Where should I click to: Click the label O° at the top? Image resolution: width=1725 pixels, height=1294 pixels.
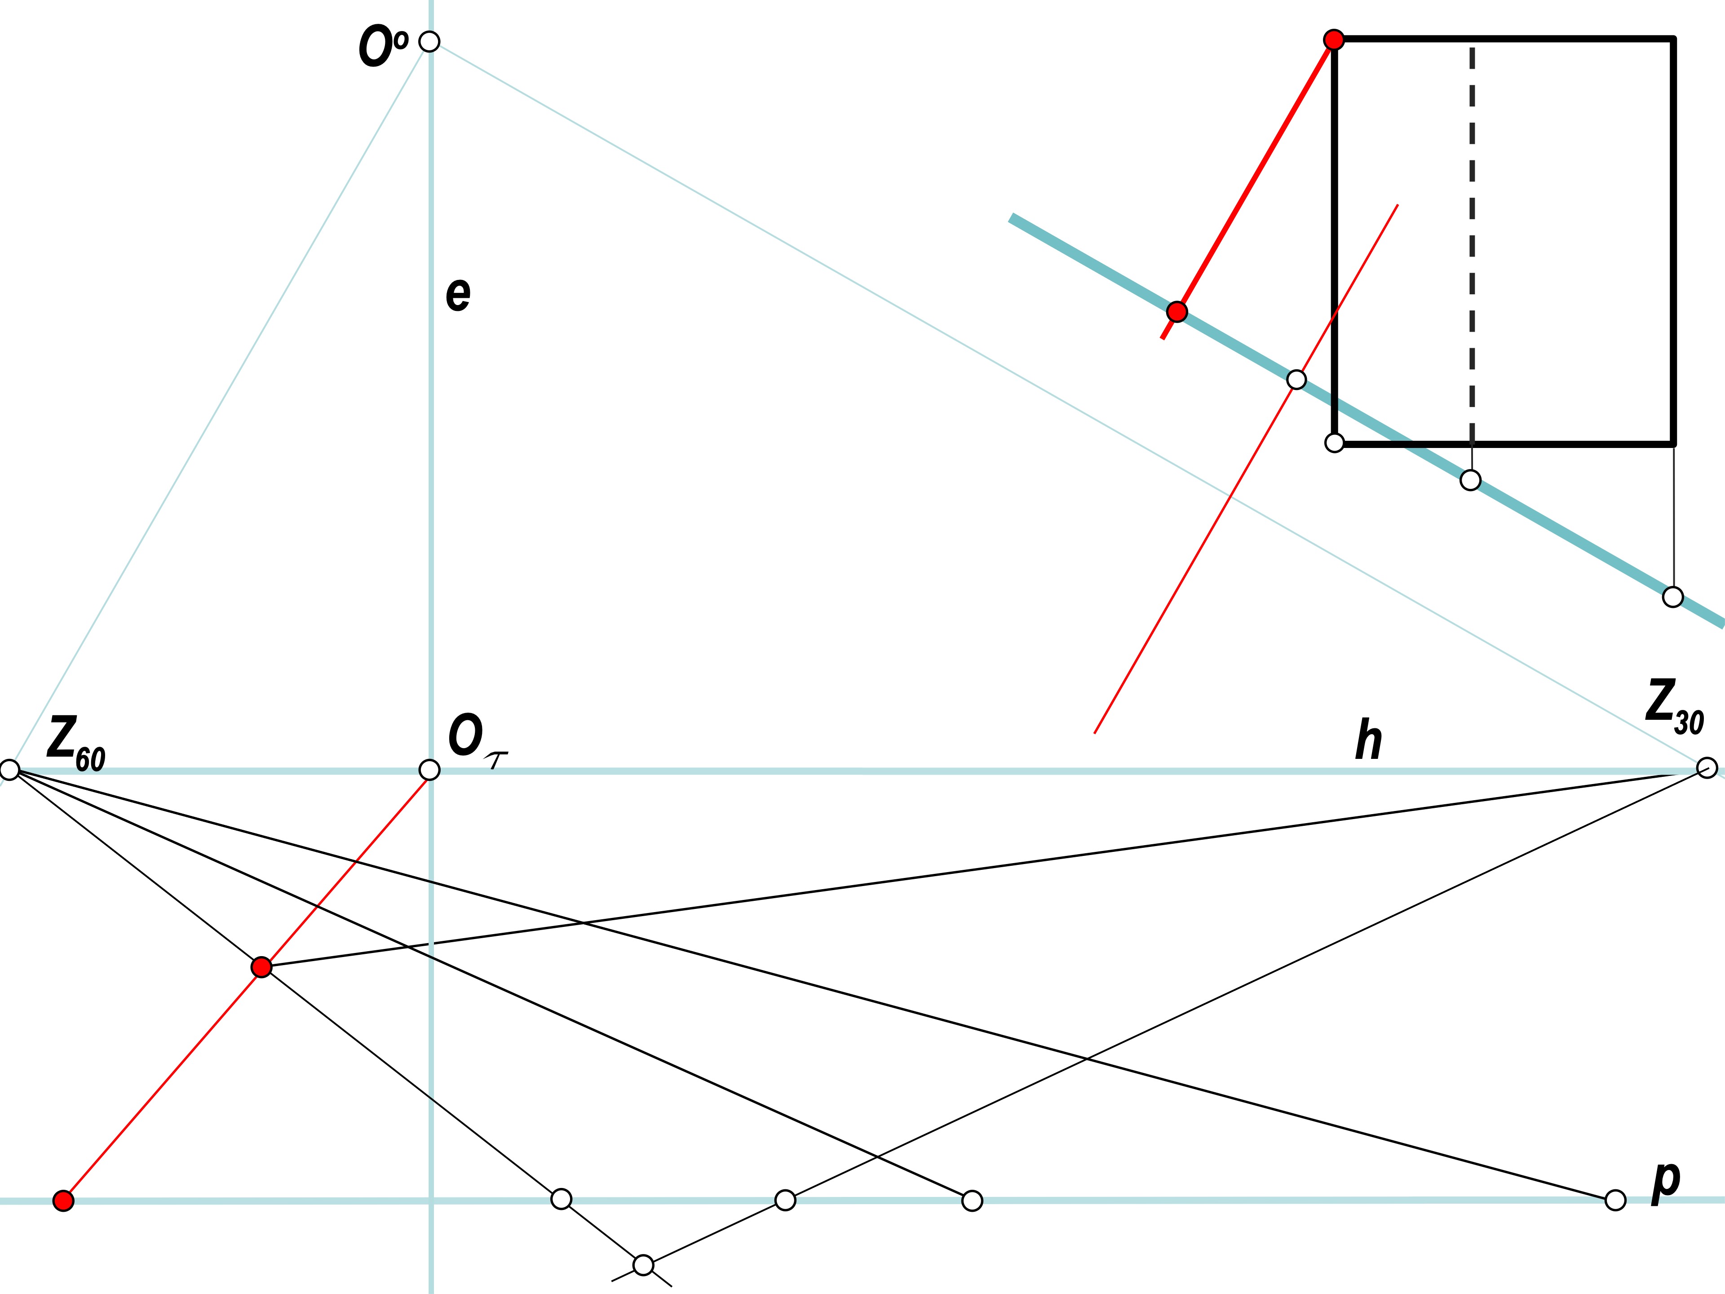pyautogui.click(x=383, y=46)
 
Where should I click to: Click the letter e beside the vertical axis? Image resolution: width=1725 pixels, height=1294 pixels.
pyautogui.click(x=458, y=294)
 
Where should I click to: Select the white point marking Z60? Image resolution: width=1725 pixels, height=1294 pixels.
pyautogui.click(x=9, y=770)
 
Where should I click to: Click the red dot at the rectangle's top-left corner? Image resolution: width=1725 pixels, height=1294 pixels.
pyautogui.click(x=1334, y=40)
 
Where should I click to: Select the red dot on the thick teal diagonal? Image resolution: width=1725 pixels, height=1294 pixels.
pyautogui.click(x=1177, y=312)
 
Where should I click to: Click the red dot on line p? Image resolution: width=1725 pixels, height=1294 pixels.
pyautogui.click(x=63, y=1201)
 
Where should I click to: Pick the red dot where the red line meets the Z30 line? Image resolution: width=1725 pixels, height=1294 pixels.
pyautogui.click(x=261, y=967)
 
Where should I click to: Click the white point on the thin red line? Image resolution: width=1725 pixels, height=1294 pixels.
pyautogui.click(x=1296, y=380)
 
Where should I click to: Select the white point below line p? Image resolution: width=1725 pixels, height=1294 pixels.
pyautogui.click(x=643, y=1264)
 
